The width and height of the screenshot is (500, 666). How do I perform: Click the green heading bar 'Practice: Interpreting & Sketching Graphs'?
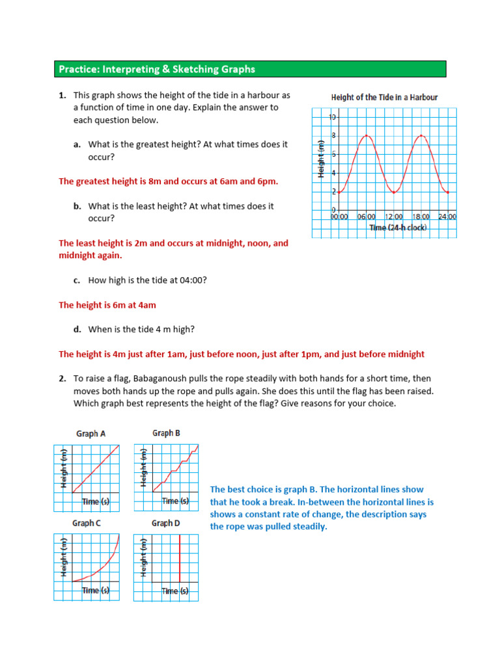tap(249, 69)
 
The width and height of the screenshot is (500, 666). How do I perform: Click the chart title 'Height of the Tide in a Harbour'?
tap(384, 98)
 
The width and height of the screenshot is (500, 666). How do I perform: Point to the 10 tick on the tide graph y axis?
tap(333, 118)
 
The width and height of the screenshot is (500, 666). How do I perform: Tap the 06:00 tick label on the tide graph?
tap(367, 217)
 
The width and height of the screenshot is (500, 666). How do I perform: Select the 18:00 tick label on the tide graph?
tap(421, 217)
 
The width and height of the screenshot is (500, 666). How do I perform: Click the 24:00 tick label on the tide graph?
tap(447, 217)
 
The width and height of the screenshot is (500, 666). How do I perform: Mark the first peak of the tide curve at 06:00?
tap(367, 135)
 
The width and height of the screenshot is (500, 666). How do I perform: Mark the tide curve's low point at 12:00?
tap(395, 192)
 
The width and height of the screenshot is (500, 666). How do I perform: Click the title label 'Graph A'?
tap(87, 434)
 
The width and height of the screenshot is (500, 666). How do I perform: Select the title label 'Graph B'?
tap(166, 433)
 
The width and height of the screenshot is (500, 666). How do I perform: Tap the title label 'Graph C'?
tap(87, 523)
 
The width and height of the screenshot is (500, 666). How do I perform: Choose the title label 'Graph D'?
tap(166, 523)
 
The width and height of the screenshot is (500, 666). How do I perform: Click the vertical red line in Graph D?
tap(180, 559)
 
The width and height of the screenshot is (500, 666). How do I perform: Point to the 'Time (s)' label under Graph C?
tap(96, 591)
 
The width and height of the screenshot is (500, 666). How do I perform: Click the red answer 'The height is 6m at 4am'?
tap(107, 304)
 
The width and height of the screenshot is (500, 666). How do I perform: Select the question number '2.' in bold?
tap(62, 379)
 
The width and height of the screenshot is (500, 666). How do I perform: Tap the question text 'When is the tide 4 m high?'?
tap(141, 330)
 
